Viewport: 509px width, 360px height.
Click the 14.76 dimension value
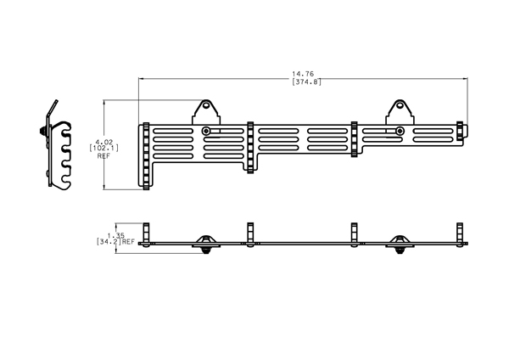coord(303,74)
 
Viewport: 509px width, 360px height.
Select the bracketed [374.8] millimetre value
coord(306,82)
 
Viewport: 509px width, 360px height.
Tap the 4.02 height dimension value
coord(103,142)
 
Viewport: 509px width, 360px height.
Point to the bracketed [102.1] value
coord(103,148)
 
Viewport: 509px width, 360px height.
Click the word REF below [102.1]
coord(103,156)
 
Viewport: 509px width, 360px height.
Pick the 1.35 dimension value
coord(116,235)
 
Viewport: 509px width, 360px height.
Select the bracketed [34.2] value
coord(109,242)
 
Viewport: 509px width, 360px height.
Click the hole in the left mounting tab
coord(206,105)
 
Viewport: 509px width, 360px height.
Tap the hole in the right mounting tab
coord(400,105)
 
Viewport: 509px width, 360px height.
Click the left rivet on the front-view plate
coord(206,131)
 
